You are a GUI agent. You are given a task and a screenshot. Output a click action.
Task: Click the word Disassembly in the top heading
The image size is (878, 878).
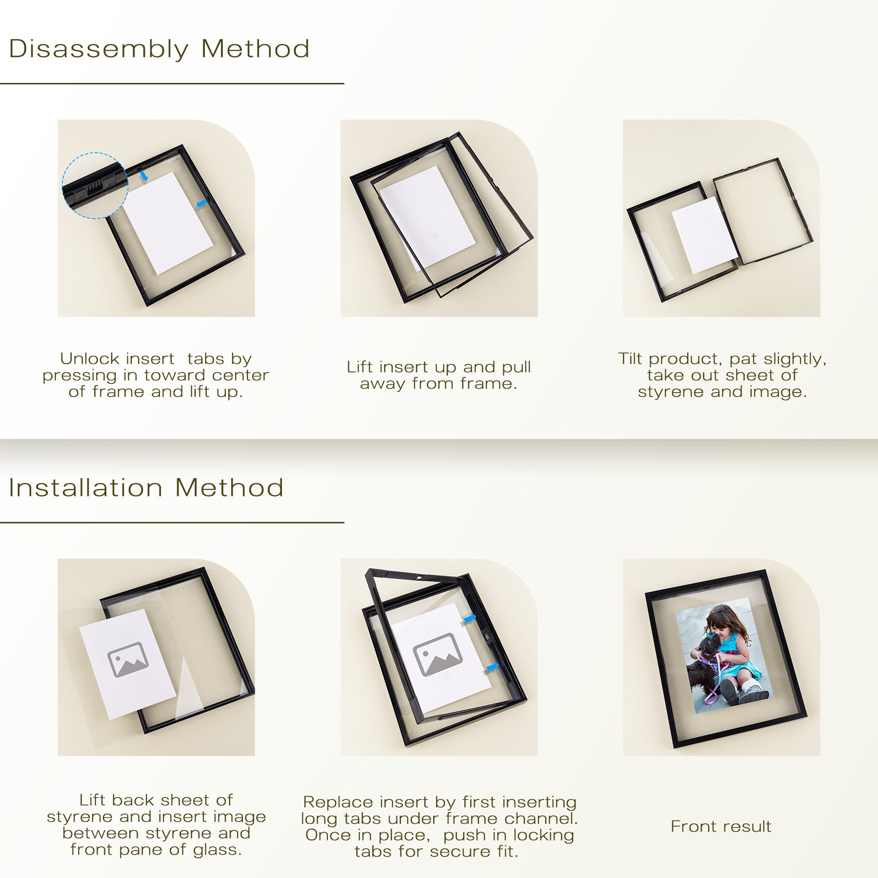(x=99, y=50)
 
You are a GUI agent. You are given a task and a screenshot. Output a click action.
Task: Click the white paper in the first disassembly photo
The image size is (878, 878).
(x=167, y=222)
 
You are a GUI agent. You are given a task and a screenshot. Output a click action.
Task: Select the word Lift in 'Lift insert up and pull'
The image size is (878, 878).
(x=360, y=367)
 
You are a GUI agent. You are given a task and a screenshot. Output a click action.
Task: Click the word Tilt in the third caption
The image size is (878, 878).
(x=630, y=359)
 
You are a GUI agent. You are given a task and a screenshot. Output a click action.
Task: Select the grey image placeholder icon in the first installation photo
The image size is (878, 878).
(x=127, y=659)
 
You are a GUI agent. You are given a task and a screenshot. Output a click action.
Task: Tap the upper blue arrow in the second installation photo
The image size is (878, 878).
(x=470, y=619)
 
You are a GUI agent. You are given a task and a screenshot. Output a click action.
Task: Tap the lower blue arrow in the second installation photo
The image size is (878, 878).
(x=493, y=666)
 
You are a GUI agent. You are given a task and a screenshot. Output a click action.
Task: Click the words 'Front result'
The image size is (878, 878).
(x=721, y=826)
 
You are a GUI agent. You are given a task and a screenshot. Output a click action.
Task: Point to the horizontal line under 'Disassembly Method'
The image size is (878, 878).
(x=172, y=83)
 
